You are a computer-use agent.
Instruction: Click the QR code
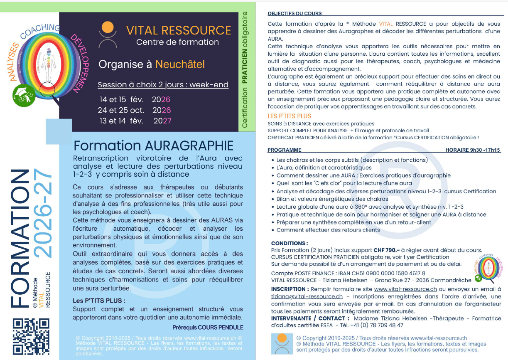coord(31,336)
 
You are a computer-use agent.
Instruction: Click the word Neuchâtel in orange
coord(180,64)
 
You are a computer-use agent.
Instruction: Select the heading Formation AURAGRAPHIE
coord(153,145)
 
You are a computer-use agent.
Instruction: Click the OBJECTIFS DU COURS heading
coord(294,14)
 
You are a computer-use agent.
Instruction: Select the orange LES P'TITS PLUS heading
coord(289,116)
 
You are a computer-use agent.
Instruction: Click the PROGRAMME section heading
coord(285,150)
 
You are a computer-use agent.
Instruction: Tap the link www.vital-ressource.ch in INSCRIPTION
coord(405,289)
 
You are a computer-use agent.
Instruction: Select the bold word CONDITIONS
coord(290,243)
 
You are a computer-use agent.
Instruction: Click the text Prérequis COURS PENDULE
coord(207,327)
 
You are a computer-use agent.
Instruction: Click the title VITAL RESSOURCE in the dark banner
coord(179,30)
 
